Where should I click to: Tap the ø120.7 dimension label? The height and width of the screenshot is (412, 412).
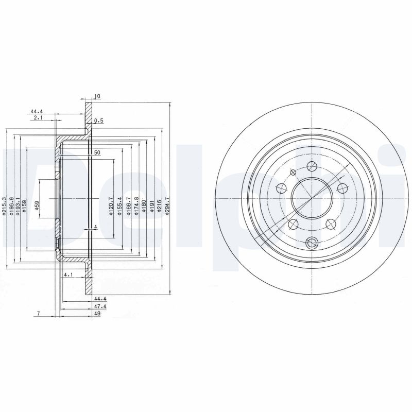pos(110,204)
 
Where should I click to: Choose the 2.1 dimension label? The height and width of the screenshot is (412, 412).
pos(37,118)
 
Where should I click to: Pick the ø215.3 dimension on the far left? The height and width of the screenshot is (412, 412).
pos(4,206)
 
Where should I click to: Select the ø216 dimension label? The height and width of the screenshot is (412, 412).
pos(159,206)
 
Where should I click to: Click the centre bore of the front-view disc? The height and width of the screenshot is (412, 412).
pos(312,198)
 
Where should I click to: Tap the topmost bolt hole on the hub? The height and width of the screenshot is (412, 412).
pos(312,166)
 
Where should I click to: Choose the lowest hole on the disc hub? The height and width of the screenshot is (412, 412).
pos(312,242)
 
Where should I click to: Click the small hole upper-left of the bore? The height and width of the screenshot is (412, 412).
pos(293,172)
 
